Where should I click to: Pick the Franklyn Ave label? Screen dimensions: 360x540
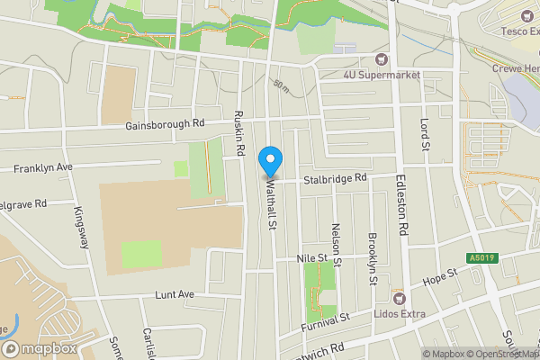coord(42,168)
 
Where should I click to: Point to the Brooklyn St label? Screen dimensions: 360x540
coord(372,258)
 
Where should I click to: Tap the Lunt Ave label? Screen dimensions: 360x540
coord(175,294)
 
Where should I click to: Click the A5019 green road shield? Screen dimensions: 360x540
coord(480,258)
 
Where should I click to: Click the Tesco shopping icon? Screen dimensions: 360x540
coord(526,15)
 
